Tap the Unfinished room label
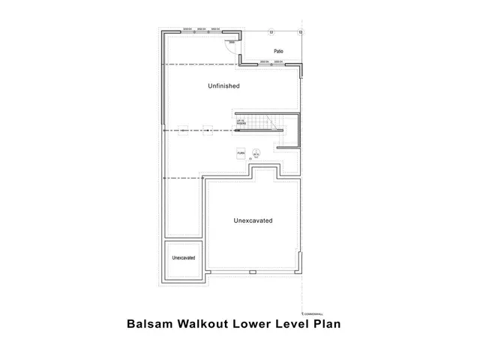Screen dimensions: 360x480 [223, 86]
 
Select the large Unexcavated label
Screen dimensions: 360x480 [253, 220]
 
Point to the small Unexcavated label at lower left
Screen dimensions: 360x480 [184, 258]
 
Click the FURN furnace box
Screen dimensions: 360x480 [241, 153]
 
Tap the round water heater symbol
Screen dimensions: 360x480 [256, 153]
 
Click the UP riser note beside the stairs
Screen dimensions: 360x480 [241, 121]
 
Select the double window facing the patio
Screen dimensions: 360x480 [271, 62]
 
